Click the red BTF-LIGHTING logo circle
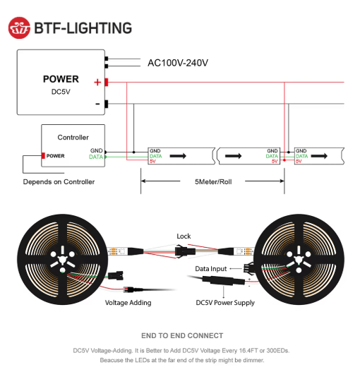tap(19, 28)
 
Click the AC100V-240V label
tap(178, 63)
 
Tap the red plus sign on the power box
tap(97, 83)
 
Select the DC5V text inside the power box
tap(61, 92)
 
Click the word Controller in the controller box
tap(73, 138)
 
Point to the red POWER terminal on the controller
tap(43, 155)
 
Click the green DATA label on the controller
tap(96, 157)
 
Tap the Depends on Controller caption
tap(59, 182)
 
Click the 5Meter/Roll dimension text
tap(213, 182)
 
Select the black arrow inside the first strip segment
tap(178, 156)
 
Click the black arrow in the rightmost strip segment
tap(319, 156)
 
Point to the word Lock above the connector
tap(184, 236)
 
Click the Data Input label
tap(211, 269)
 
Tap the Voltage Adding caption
tap(128, 303)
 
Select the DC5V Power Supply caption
tap(225, 303)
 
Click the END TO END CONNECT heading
tap(182, 336)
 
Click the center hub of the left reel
tap(63, 259)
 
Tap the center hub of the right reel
tap(299, 259)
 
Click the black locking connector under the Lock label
tap(185, 251)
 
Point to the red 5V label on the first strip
tap(152, 162)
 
